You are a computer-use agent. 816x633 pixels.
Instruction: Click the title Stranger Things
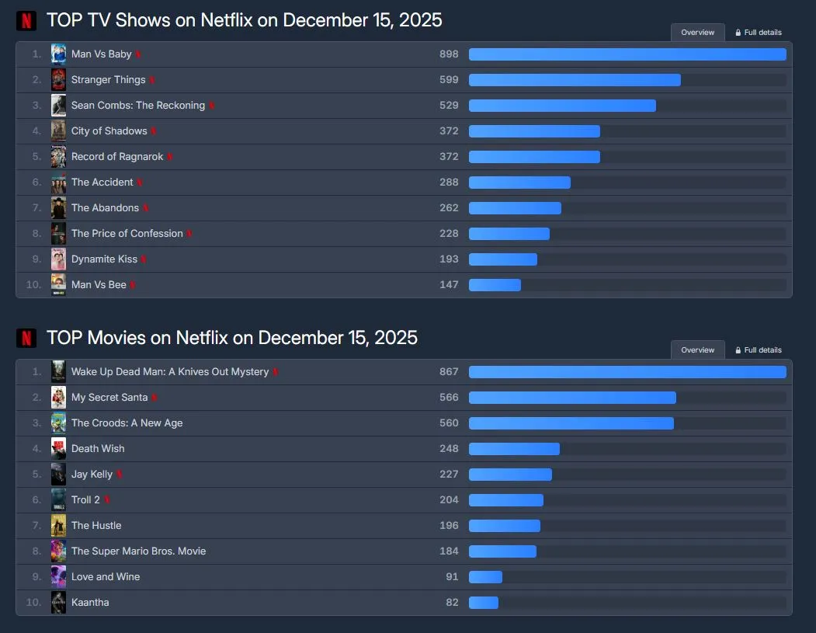tap(108, 80)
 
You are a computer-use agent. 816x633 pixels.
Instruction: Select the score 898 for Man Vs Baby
tap(449, 54)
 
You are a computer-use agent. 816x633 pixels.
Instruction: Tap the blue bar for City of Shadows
tap(534, 131)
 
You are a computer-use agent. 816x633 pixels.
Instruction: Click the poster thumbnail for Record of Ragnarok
tap(58, 157)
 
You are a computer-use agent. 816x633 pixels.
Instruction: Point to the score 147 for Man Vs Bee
tap(449, 285)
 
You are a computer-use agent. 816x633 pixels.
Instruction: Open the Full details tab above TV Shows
tap(759, 33)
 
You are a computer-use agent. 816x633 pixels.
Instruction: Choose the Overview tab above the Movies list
tap(697, 350)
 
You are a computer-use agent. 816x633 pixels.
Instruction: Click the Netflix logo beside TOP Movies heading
tap(26, 339)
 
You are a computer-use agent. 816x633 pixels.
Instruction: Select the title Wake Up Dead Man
tap(169, 372)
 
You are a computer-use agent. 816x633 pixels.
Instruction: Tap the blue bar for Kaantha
tap(484, 603)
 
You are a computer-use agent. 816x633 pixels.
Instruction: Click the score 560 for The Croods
tap(449, 423)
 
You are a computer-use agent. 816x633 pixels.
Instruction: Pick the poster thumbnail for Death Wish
tap(58, 449)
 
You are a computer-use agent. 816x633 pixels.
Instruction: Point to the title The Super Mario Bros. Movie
tap(138, 551)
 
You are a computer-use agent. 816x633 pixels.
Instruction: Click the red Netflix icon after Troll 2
tap(107, 500)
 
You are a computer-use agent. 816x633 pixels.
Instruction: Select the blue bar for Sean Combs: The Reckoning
tap(562, 106)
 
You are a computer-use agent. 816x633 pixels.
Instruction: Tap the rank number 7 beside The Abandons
tap(36, 208)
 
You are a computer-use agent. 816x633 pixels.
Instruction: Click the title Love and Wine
tap(106, 577)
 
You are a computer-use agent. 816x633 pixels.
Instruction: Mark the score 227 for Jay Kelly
tap(449, 475)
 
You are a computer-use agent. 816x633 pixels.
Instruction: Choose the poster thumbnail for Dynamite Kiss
tap(58, 259)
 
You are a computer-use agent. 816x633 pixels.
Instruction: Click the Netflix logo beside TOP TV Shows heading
tap(26, 21)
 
